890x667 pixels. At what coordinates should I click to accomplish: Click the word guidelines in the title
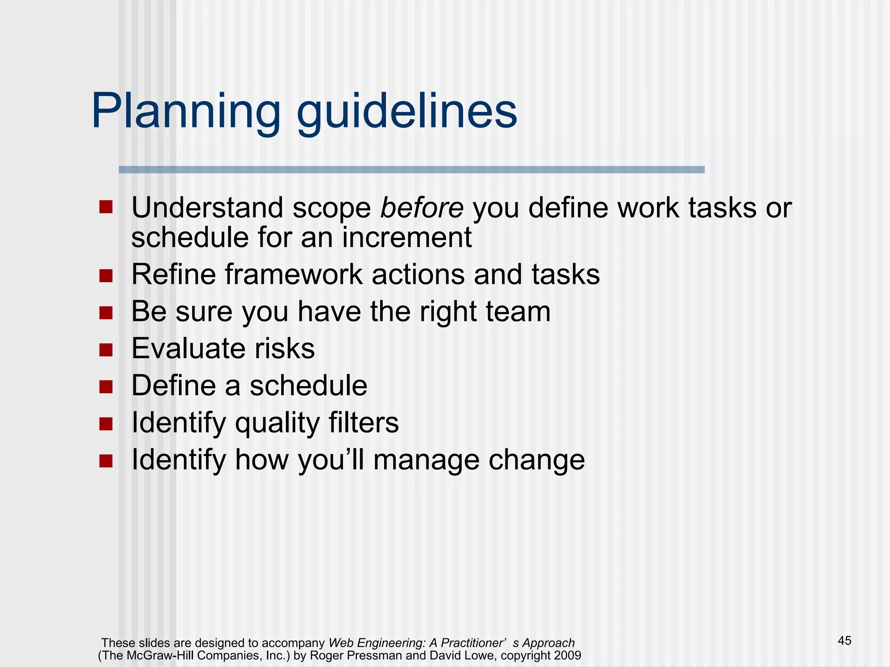click(406, 112)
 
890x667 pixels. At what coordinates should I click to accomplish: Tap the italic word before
click(422, 208)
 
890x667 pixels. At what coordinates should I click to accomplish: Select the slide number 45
click(844, 641)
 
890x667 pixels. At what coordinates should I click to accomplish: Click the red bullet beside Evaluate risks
click(106, 350)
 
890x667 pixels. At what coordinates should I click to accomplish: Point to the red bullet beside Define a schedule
click(106, 386)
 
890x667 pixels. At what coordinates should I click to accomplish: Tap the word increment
click(407, 238)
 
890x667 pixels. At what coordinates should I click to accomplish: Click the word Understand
click(207, 208)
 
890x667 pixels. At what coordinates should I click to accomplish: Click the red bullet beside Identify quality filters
click(106, 423)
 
